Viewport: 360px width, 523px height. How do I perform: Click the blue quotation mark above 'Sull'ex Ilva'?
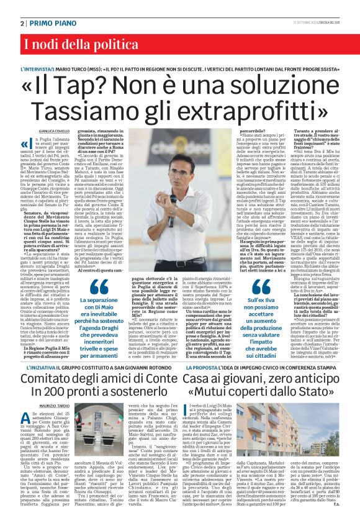click(x=256, y=288)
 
